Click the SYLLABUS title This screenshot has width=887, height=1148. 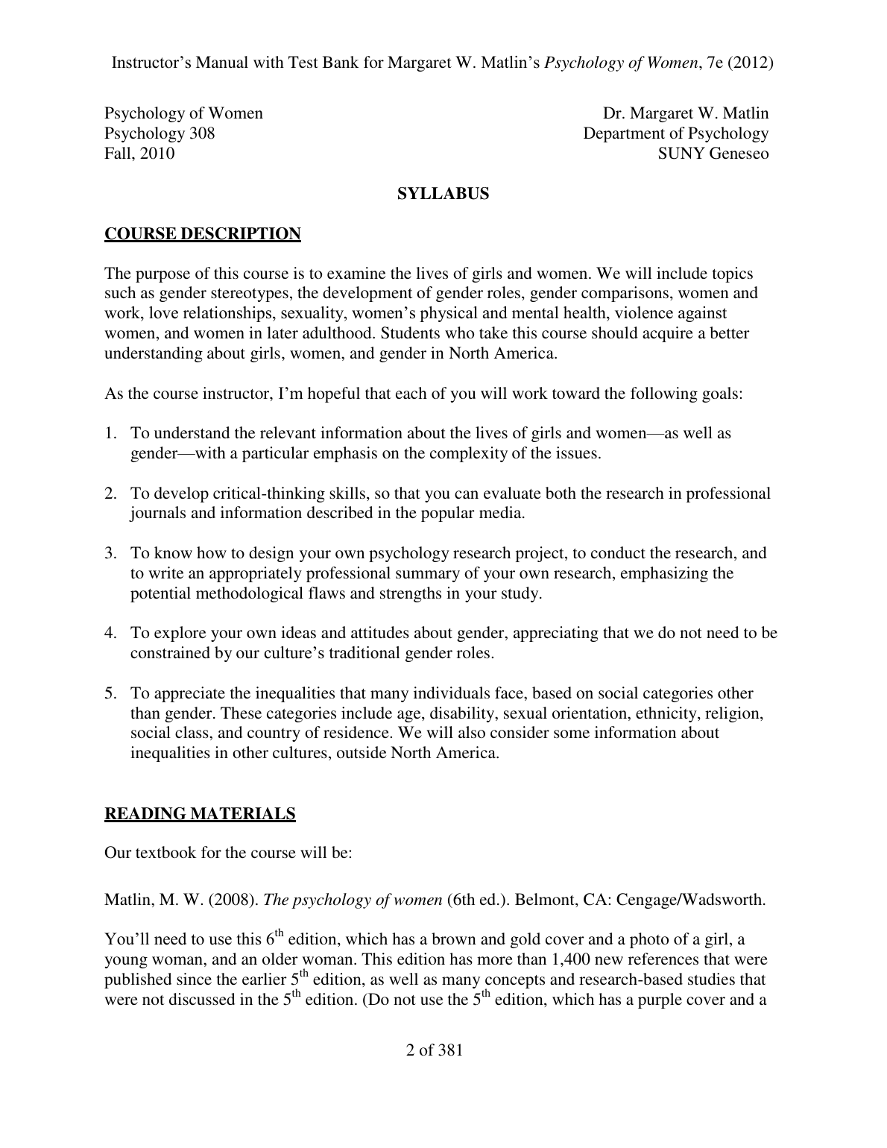[443, 194]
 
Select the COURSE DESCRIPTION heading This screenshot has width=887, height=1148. [202, 234]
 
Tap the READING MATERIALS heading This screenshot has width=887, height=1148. [200, 813]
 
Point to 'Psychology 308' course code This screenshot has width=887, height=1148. [160, 133]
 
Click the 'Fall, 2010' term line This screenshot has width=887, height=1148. [139, 154]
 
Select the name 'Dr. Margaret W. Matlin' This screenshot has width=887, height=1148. [685, 113]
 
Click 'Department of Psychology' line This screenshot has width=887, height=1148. [675, 133]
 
